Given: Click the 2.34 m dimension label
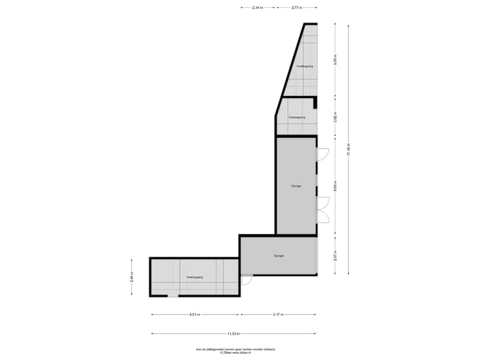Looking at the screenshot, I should (257, 7).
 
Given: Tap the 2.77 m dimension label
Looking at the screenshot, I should (297, 7).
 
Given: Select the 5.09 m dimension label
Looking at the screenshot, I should (335, 60).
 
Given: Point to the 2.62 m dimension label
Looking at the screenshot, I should (335, 117).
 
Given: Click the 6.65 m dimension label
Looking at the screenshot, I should (335, 186).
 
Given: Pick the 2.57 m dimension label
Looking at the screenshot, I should (335, 255).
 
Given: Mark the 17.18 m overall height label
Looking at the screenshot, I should (348, 149).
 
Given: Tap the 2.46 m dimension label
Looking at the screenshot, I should (132, 277).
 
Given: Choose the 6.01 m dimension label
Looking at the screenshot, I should (194, 315).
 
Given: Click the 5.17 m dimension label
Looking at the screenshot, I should (278, 315).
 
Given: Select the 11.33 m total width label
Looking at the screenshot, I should (233, 333).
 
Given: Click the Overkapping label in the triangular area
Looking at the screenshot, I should (304, 67).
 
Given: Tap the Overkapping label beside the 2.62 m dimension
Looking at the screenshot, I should (297, 117).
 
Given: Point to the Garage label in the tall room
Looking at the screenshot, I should (296, 186).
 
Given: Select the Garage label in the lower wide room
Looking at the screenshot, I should (278, 256).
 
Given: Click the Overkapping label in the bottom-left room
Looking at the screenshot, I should (194, 277).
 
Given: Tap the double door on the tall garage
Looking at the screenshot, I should (323, 210).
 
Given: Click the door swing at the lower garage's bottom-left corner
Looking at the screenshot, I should (246, 281).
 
